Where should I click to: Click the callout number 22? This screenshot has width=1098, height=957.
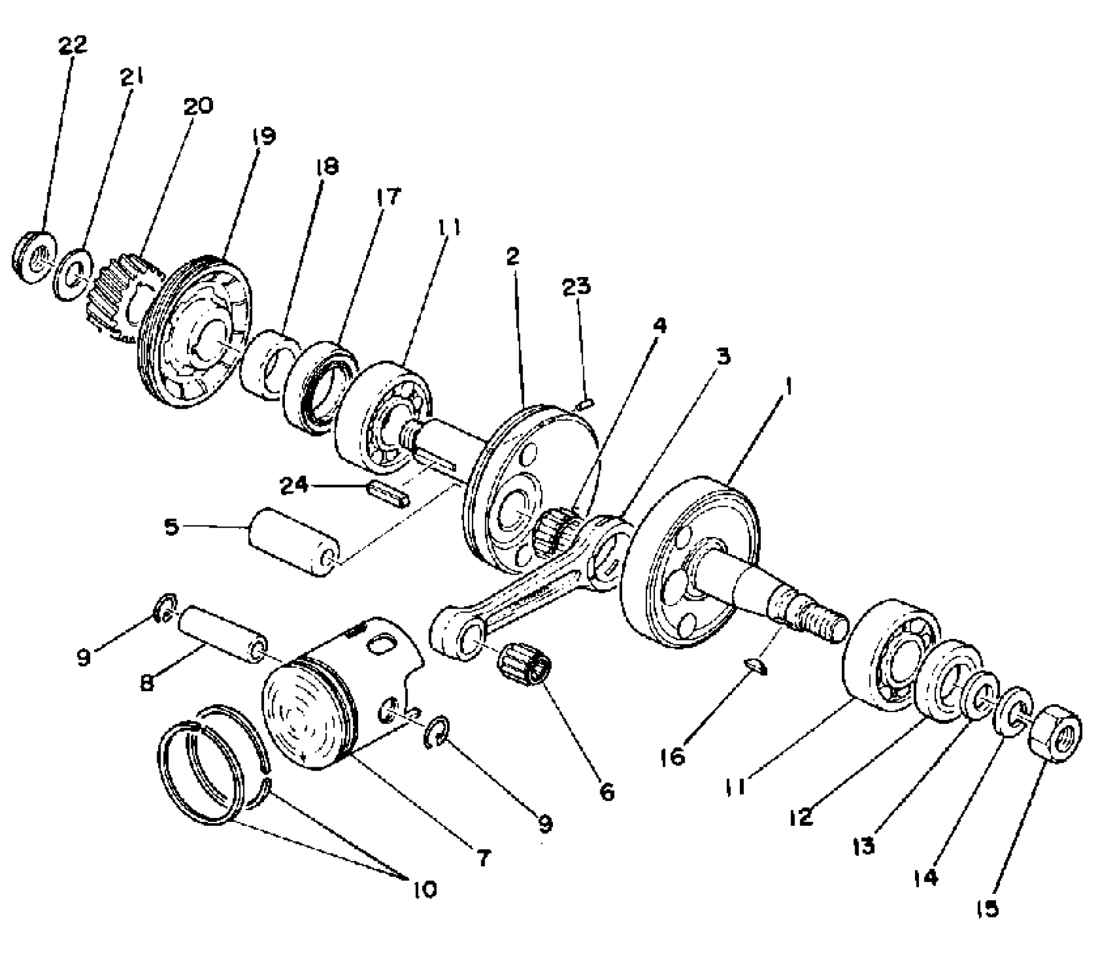(x=73, y=45)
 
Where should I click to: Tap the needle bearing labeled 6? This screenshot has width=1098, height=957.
(x=524, y=664)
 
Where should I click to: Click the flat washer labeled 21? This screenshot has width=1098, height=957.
(x=73, y=274)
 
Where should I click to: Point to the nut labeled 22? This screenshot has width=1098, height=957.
(x=34, y=257)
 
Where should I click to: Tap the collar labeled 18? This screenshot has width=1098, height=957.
(x=270, y=363)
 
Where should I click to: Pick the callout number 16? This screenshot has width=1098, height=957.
(x=673, y=756)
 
